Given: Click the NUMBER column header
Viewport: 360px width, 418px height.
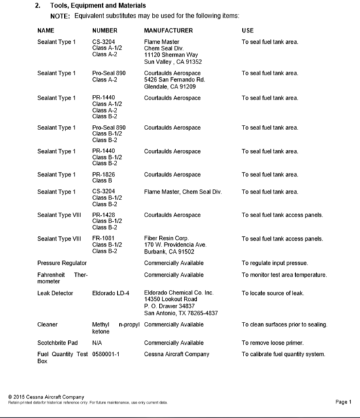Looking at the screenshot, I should pos(105,30).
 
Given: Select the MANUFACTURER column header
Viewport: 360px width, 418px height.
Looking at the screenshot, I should pos(168,30).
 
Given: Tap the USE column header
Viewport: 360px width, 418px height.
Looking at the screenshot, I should pos(247,30).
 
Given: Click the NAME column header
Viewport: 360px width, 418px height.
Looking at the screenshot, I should pos(46,30).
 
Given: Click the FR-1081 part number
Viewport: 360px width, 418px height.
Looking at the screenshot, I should pos(105,238).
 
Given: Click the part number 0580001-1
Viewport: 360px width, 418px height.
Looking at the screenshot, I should pos(107,354).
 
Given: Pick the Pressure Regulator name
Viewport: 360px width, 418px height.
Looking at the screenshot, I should pos(62,262).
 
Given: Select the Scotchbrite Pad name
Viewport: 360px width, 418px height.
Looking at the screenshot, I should pos(58,342).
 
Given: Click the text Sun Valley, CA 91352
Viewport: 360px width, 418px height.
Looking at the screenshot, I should pos(173,61).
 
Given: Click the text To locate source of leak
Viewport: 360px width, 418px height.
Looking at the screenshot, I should pos(273,292).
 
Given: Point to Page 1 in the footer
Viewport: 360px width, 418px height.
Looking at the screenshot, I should pos(343,402).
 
